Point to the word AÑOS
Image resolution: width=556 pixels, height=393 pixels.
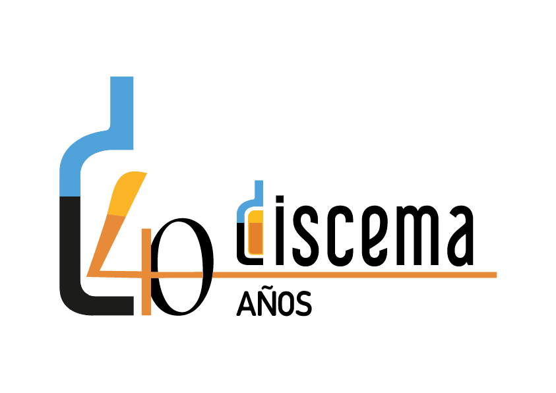[274, 303]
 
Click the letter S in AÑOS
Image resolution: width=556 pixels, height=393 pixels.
[303, 304]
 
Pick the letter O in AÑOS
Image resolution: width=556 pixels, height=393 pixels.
[284, 304]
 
